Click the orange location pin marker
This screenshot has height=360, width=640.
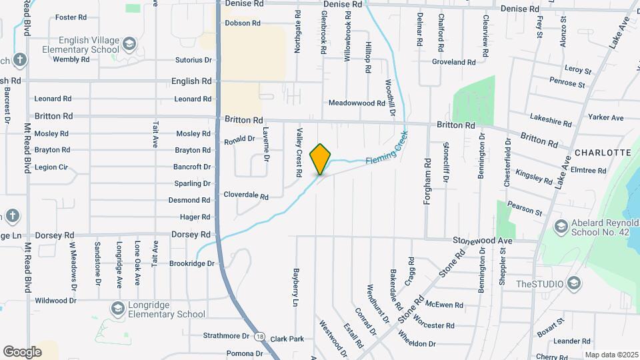pyautogui.click(x=321, y=159)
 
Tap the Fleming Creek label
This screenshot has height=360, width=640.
pyautogui.click(x=385, y=150)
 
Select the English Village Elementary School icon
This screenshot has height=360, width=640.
pyautogui.click(x=129, y=45)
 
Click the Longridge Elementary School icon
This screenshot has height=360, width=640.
pyautogui.click(x=117, y=309)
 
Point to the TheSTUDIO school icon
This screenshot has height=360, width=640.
pyautogui.click(x=573, y=285)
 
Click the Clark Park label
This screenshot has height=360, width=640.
pyautogui.click(x=287, y=339)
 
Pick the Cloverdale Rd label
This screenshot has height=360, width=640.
pyautogui.click(x=245, y=197)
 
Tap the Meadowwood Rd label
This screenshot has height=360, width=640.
pyautogui.click(x=357, y=103)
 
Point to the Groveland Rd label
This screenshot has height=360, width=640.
pyautogui.click(x=453, y=62)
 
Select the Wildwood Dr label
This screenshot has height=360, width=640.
pyautogui.click(x=56, y=301)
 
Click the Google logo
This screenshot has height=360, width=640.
pyautogui.click(x=22, y=351)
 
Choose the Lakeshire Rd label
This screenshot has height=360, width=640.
pyautogui.click(x=551, y=123)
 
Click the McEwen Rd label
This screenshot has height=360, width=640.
pyautogui.click(x=444, y=305)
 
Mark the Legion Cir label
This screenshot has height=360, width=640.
pyautogui.click(x=51, y=167)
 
